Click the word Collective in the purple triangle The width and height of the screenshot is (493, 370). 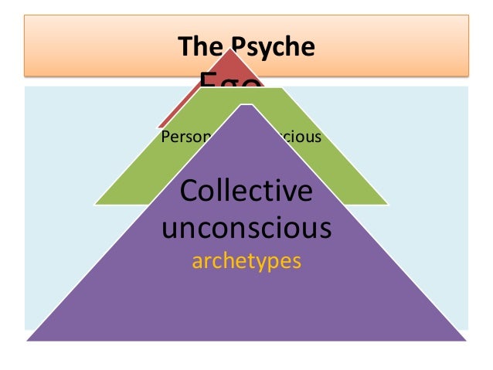click(246, 192)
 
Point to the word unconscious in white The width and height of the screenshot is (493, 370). click(246, 228)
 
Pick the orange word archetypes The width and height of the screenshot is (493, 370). click(246, 261)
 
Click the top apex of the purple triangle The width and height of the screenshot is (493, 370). click(246, 102)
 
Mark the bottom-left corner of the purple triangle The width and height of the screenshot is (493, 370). click(28, 340)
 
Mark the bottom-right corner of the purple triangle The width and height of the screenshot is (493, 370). click(467, 340)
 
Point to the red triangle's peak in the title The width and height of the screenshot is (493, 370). click(231, 51)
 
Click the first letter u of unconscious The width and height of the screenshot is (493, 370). click(170, 229)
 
